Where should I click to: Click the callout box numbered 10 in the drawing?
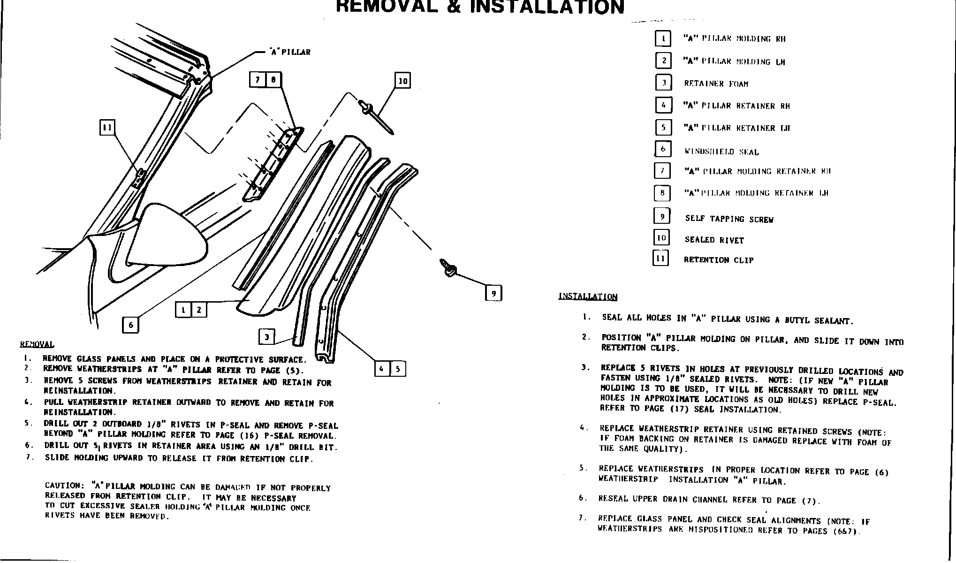[x=402, y=81]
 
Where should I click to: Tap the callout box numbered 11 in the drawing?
[x=108, y=127]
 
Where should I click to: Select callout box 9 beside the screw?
[x=493, y=294]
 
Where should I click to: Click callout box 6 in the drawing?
[x=130, y=325]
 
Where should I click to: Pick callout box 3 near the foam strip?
[x=266, y=336]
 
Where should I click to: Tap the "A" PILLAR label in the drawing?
[x=290, y=52]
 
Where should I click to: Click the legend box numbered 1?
[x=663, y=38]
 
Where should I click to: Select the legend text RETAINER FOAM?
[x=716, y=84]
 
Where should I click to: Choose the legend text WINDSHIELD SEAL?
[x=721, y=152]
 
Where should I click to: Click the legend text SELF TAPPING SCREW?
[x=729, y=219]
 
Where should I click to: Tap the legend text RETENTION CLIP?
[x=719, y=260]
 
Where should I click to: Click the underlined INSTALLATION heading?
[x=588, y=297]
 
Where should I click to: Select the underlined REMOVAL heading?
[x=37, y=344]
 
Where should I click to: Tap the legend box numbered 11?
[x=661, y=259]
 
